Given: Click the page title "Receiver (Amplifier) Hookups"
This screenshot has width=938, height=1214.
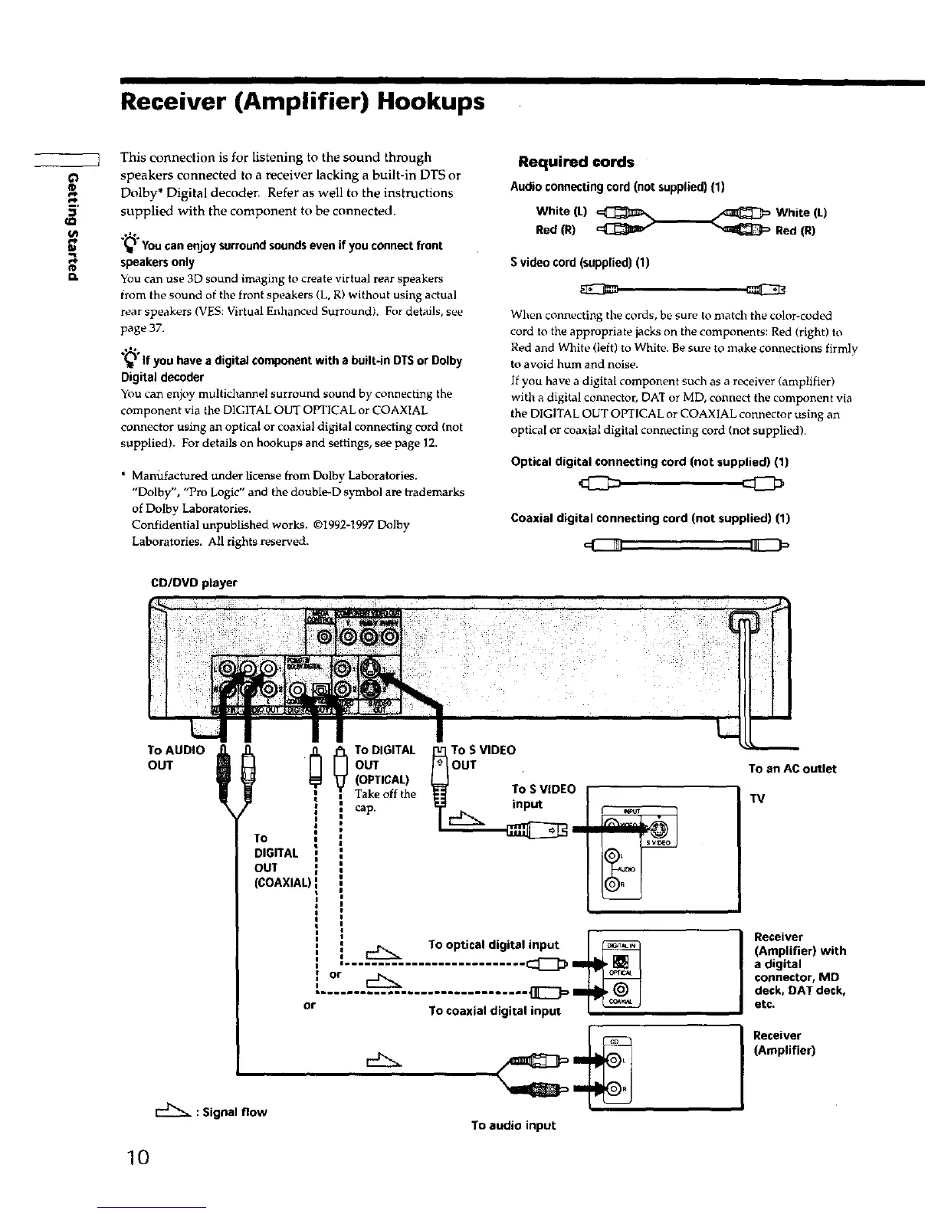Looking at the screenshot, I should tap(302, 102).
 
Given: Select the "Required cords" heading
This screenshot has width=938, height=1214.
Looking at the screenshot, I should tap(576, 162).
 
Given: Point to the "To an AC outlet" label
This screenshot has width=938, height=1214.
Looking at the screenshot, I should tap(792, 769).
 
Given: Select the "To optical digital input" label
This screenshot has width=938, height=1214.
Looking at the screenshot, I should tap(494, 944).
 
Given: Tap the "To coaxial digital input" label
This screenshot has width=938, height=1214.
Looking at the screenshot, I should tap(494, 1010).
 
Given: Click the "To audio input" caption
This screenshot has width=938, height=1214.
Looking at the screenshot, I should tap(513, 1125).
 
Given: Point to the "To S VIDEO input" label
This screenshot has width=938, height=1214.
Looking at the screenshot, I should tap(543, 796).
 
